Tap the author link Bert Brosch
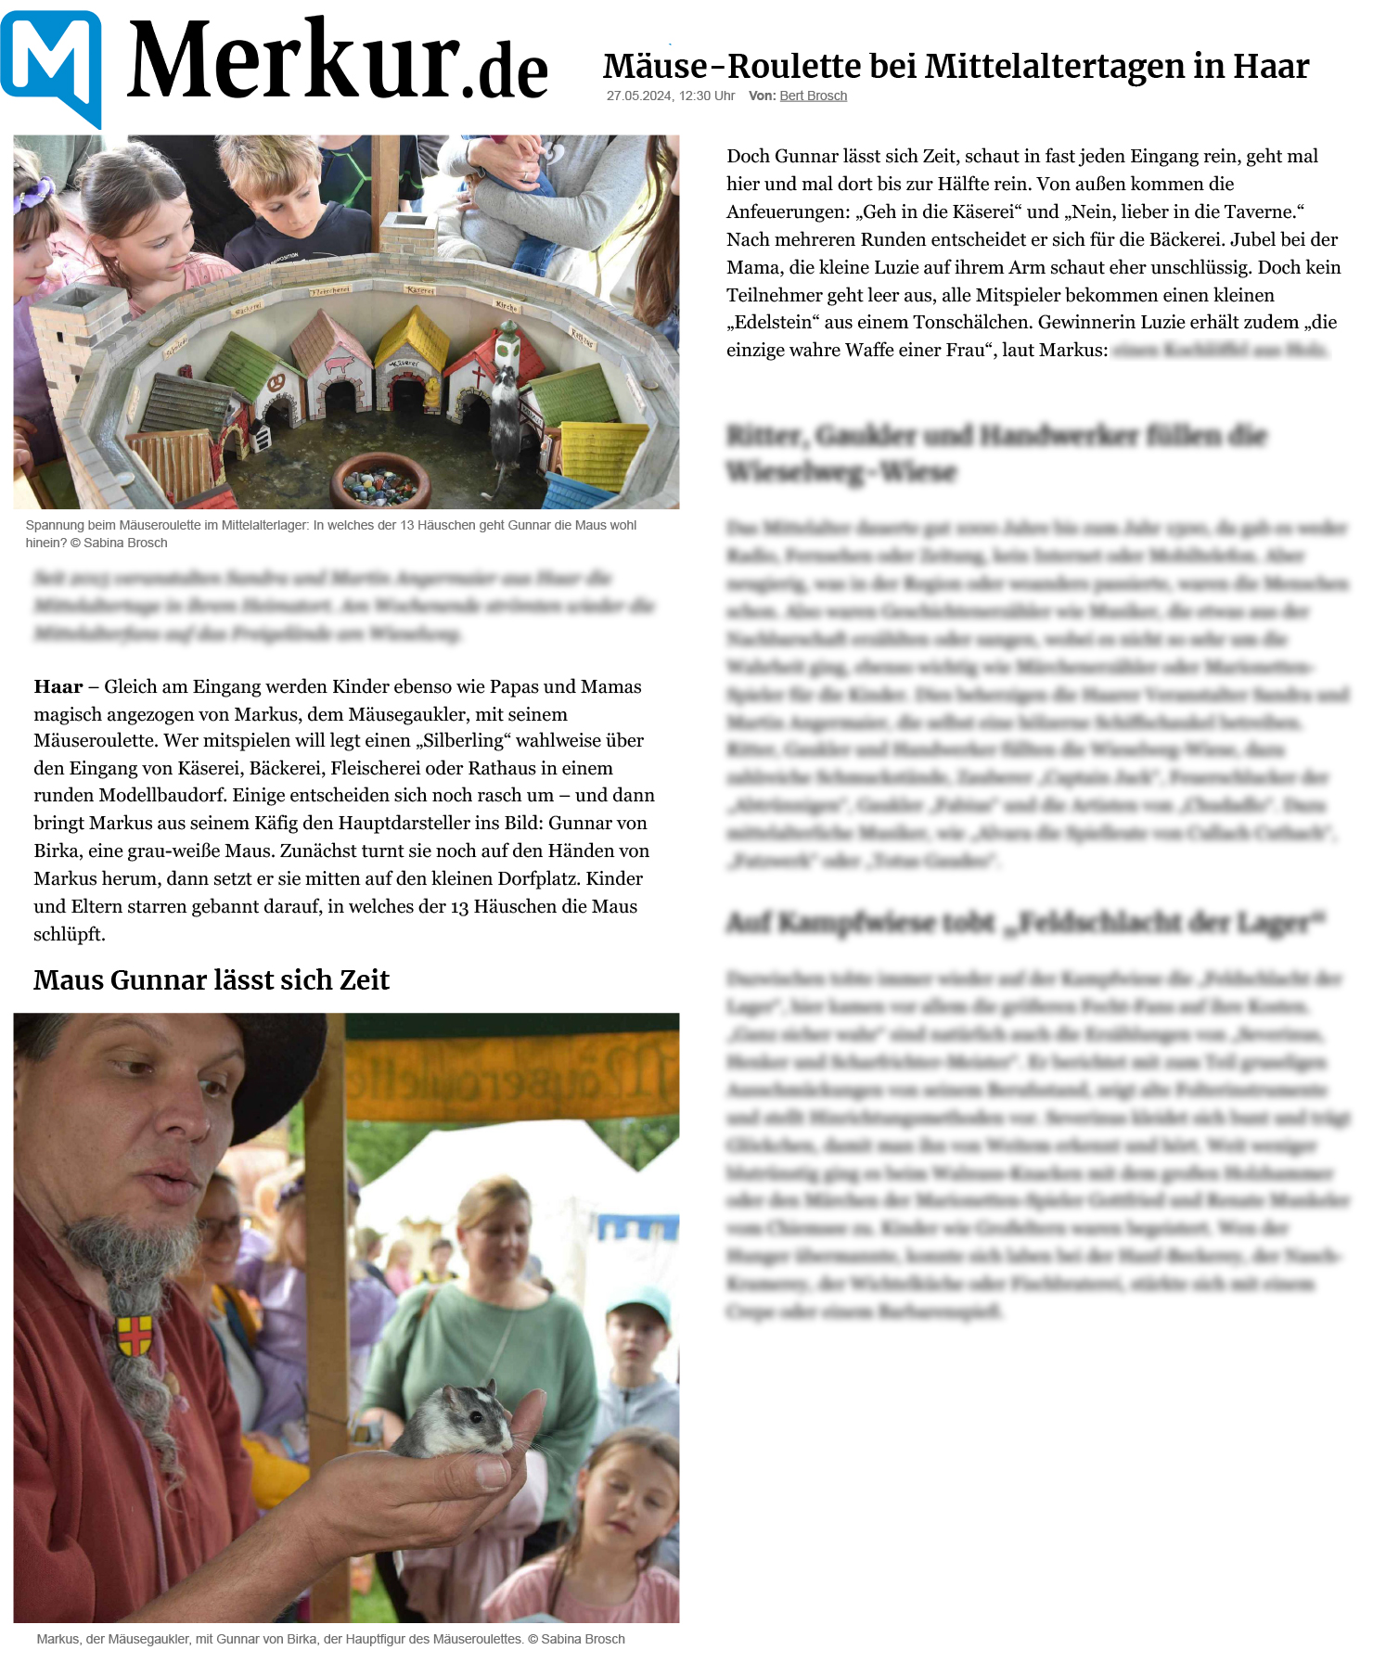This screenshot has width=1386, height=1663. [x=813, y=96]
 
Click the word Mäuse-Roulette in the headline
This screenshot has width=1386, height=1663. [x=655, y=67]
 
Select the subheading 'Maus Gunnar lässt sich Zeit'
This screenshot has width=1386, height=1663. [x=212, y=979]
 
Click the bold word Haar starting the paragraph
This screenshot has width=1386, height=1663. [x=58, y=687]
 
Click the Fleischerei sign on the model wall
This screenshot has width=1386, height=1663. [x=329, y=291]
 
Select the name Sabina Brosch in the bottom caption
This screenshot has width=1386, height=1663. [x=583, y=1639]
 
